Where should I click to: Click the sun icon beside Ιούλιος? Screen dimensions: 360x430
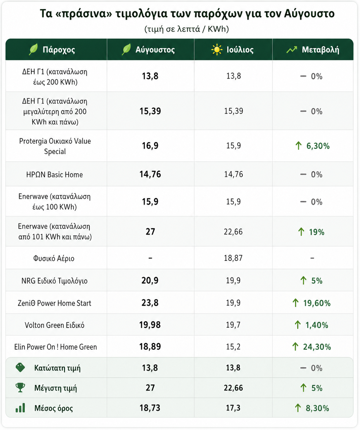coord(217,50)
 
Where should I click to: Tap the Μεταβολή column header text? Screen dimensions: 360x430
coord(320,50)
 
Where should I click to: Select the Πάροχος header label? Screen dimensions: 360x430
coord(59,50)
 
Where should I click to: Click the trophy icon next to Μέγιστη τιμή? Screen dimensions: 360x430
coord(20,387)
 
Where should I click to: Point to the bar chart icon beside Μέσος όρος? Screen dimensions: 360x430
coord(20,407)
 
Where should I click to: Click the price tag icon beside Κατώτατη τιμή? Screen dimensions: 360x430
coord(20,368)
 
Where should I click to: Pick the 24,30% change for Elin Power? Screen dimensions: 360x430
coord(317,347)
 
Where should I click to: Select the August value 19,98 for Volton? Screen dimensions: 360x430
coord(150,325)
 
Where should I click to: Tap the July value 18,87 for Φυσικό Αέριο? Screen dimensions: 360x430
coord(233,258)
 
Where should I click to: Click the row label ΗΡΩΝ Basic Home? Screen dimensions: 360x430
coord(55,175)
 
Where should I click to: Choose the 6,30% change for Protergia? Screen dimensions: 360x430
coord(318,146)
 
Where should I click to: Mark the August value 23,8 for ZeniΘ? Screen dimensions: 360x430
coord(150,303)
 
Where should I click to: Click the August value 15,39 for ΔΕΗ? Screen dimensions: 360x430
coord(150,111)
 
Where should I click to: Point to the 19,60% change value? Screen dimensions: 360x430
coord(317,303)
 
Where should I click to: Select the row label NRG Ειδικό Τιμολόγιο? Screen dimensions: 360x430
coord(55,281)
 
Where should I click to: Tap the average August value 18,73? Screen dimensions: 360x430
coord(150,408)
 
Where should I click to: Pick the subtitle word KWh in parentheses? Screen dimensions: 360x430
coord(217,29)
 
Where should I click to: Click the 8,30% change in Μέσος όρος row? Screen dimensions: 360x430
coord(317,408)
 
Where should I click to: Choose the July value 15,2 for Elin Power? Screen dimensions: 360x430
coord(233,347)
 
